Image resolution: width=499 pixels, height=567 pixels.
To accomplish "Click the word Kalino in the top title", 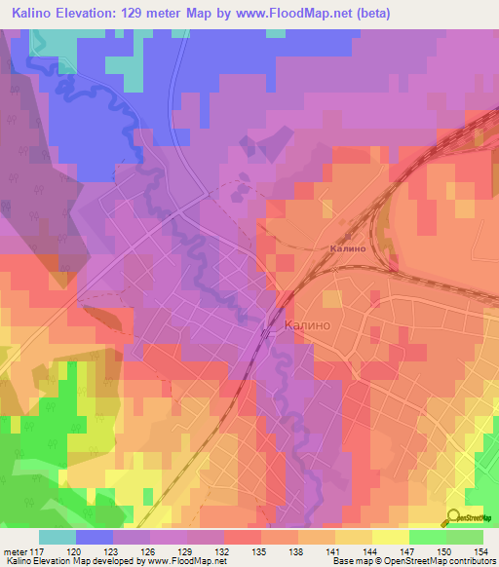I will point(36,13).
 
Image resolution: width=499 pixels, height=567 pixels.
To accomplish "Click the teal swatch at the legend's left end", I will point(58,537).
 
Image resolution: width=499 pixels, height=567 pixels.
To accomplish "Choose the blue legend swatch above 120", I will point(95,537).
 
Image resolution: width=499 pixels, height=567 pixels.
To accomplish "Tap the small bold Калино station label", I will point(347,248).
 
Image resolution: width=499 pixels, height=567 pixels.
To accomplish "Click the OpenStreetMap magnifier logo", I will point(455,517).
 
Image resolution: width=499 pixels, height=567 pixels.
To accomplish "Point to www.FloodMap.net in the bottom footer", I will point(181,561).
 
